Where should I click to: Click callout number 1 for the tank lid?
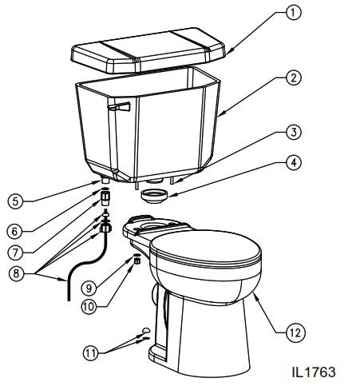click(x=294, y=14)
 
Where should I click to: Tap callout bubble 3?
click(x=294, y=132)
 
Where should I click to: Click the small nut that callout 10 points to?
click(x=136, y=260)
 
